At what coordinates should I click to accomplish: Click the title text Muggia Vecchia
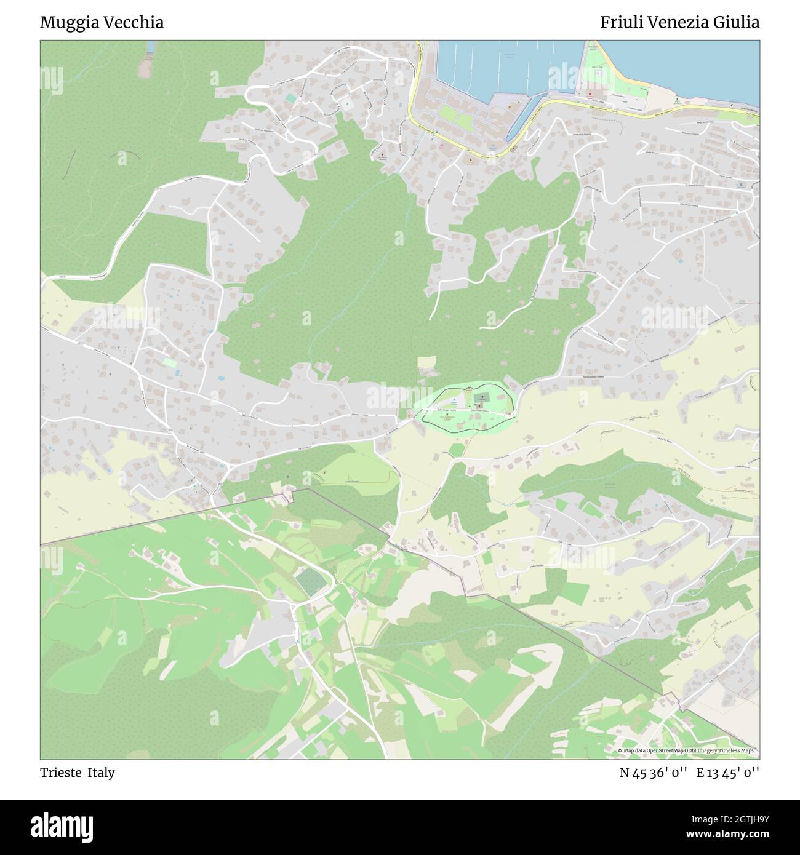click(x=102, y=23)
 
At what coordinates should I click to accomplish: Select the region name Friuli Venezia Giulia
click(x=679, y=23)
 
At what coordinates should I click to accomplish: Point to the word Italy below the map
click(x=101, y=773)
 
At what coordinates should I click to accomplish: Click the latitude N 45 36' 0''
click(x=654, y=773)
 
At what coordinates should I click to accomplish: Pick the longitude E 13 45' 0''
click(x=728, y=773)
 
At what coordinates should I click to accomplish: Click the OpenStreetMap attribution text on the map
click(x=688, y=750)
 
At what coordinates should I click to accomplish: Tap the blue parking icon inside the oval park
click(x=454, y=400)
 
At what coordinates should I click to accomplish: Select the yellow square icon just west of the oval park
click(x=408, y=415)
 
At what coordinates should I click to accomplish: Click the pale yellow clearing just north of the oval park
click(x=425, y=363)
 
